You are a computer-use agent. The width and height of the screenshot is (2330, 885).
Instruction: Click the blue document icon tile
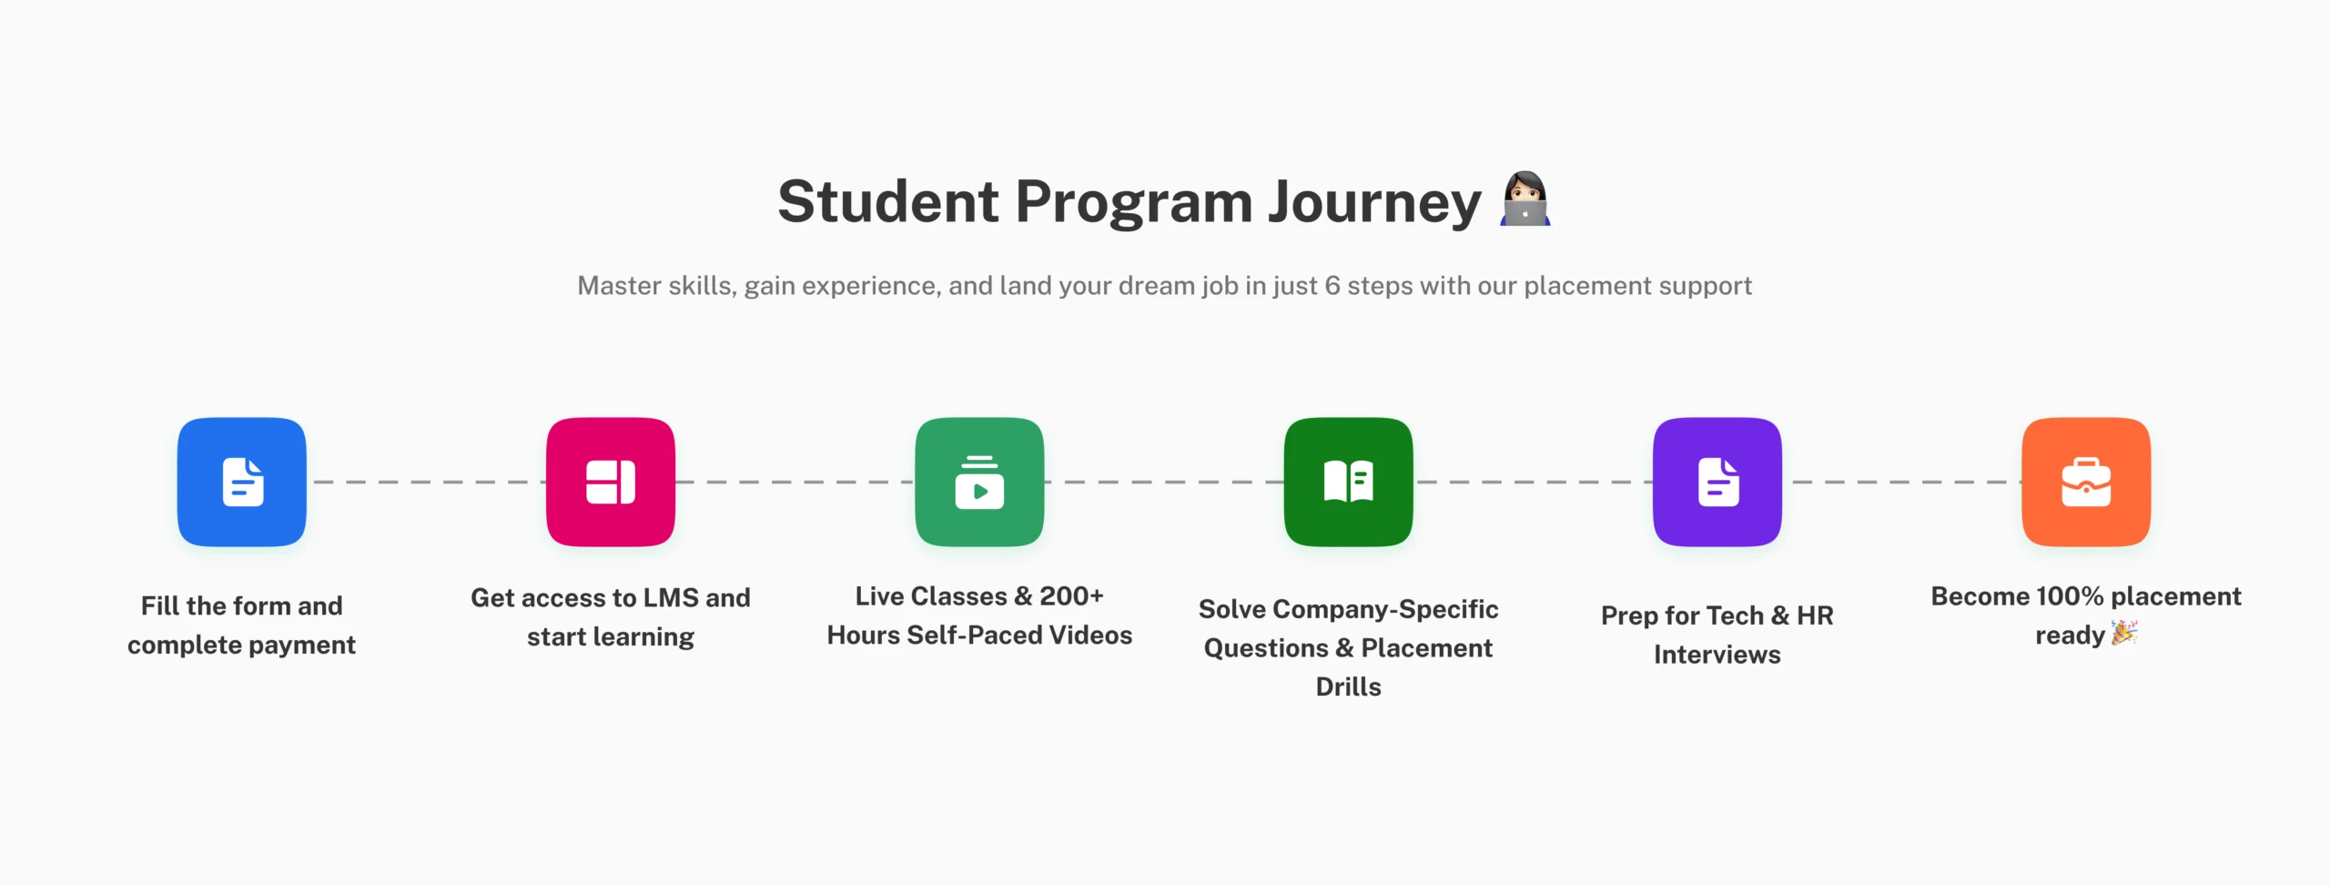point(242,482)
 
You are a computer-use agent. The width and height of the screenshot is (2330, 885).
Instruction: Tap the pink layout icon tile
point(611,482)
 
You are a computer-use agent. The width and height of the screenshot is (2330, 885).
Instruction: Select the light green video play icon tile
point(979,482)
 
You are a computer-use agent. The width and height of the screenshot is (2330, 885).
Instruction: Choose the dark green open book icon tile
point(1349,482)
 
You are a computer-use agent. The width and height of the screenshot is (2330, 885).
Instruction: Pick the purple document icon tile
point(1717,482)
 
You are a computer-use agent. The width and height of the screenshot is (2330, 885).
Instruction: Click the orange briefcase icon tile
point(2086,482)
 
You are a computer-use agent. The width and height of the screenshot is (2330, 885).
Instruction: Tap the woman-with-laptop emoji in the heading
point(1525,198)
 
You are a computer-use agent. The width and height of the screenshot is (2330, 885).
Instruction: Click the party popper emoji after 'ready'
point(2124,633)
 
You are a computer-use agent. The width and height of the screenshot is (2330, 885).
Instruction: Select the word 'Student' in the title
point(888,201)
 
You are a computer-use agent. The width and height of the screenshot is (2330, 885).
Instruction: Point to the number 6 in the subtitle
point(1332,286)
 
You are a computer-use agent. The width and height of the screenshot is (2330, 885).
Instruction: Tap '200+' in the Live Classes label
point(1071,596)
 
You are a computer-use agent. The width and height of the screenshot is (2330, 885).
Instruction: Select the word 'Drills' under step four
point(1349,687)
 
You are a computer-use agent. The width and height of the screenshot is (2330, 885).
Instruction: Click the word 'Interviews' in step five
point(1717,655)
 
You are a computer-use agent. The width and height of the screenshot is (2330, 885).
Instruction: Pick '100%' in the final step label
point(2070,596)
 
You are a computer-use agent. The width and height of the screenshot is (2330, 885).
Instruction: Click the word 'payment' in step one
point(302,646)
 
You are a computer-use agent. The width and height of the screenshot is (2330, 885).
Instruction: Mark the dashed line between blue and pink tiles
point(426,482)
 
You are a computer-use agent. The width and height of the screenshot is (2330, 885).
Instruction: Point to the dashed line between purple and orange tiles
point(1901,482)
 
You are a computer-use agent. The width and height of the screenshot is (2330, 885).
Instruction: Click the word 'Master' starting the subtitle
point(619,286)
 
